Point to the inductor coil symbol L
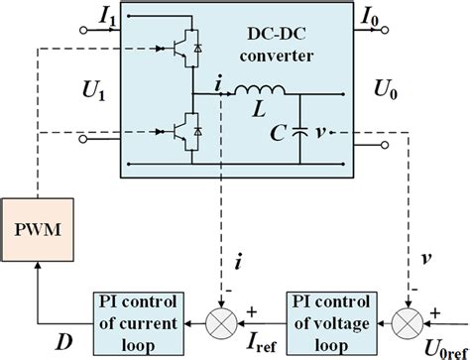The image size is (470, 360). [x=260, y=94]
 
